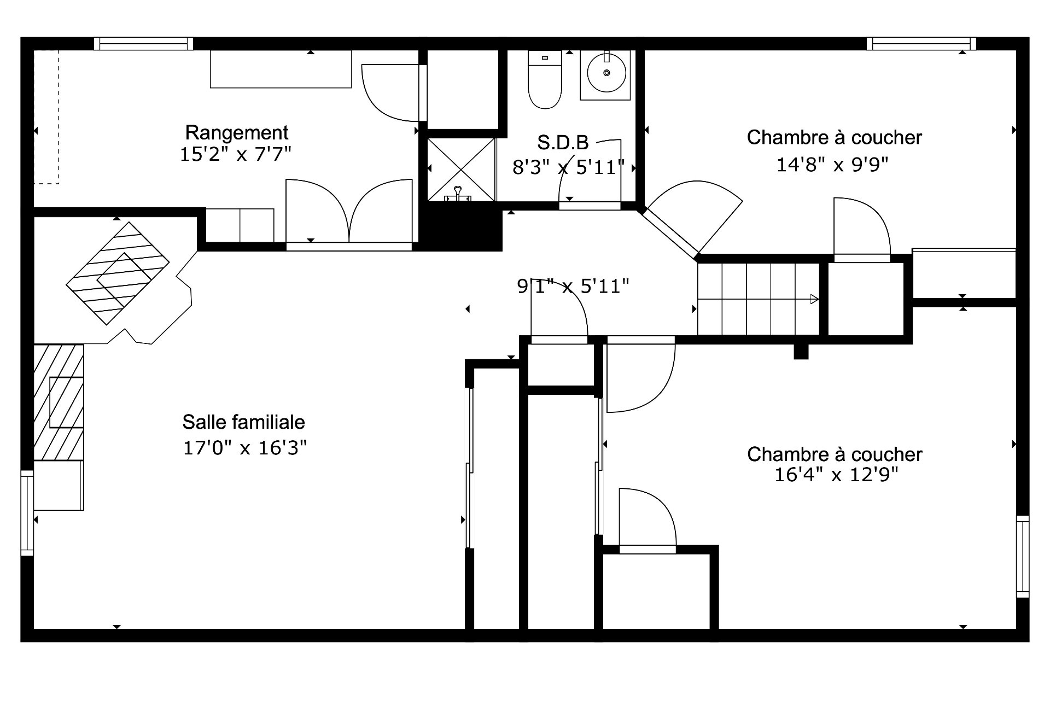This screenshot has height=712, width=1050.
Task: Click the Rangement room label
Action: (237, 133)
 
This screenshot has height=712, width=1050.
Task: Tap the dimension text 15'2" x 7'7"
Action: (235, 155)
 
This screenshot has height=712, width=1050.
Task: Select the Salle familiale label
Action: (244, 422)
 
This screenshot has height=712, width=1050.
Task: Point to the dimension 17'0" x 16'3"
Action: (244, 448)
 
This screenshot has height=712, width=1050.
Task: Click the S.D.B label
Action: (563, 143)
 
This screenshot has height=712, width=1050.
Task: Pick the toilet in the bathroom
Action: (545, 80)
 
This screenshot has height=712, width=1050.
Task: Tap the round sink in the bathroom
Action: (606, 73)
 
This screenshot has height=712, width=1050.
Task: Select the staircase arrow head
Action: (814, 299)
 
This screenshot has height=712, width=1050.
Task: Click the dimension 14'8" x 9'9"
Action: (832, 165)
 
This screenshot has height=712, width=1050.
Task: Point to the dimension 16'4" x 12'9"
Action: (836, 475)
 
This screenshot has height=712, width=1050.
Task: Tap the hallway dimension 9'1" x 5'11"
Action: (573, 286)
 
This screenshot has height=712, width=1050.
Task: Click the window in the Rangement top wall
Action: (144, 44)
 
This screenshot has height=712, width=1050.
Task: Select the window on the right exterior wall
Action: (1023, 556)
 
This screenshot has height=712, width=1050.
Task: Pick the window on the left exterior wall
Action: (27, 513)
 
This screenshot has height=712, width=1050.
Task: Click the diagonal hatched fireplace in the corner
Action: (118, 273)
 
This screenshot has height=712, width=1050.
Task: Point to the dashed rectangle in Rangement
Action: (46, 117)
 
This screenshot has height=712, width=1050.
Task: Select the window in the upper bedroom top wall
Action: (921, 44)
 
